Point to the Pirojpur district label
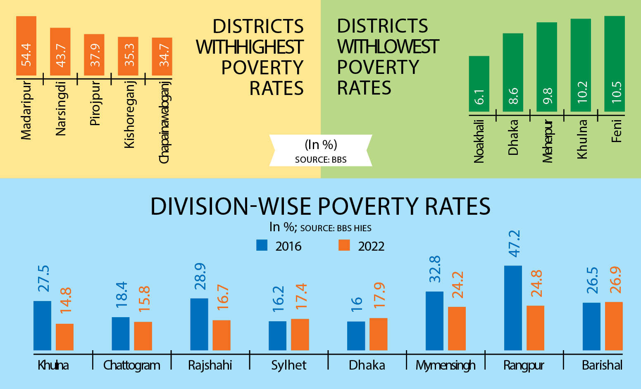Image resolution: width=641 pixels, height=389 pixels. click(95, 103)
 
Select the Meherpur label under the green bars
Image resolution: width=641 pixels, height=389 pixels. click(547, 141)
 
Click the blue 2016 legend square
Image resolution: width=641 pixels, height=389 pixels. click(262, 245)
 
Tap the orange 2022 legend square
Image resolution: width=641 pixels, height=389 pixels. click(344, 245)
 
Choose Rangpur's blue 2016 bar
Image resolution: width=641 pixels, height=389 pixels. click(513, 308)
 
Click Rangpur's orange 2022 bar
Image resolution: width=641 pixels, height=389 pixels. click(535, 328)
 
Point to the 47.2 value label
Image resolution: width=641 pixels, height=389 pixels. click(514, 244)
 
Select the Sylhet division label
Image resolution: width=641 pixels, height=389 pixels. click(288, 365)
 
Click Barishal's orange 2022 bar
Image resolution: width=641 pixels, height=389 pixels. click(614, 326)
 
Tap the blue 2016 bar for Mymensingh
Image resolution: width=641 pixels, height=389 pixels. click(434, 321)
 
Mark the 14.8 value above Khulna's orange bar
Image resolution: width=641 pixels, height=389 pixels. click(66, 300)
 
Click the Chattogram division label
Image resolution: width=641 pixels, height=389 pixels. click(131, 365)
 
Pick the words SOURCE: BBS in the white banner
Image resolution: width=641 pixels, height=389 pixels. click(321, 160)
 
